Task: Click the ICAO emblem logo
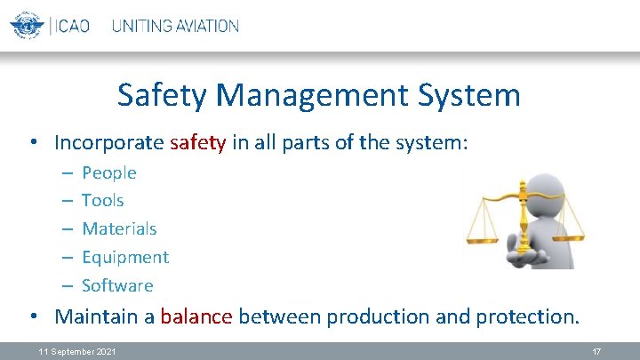click(x=27, y=26)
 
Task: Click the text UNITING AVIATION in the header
click(x=175, y=26)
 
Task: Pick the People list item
click(x=109, y=172)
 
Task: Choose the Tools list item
click(x=103, y=200)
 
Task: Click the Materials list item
click(x=119, y=228)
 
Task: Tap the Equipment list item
click(x=125, y=257)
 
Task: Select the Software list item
click(x=117, y=285)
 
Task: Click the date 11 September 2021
click(x=77, y=352)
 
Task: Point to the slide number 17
click(x=597, y=352)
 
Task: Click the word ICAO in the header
click(x=71, y=26)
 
